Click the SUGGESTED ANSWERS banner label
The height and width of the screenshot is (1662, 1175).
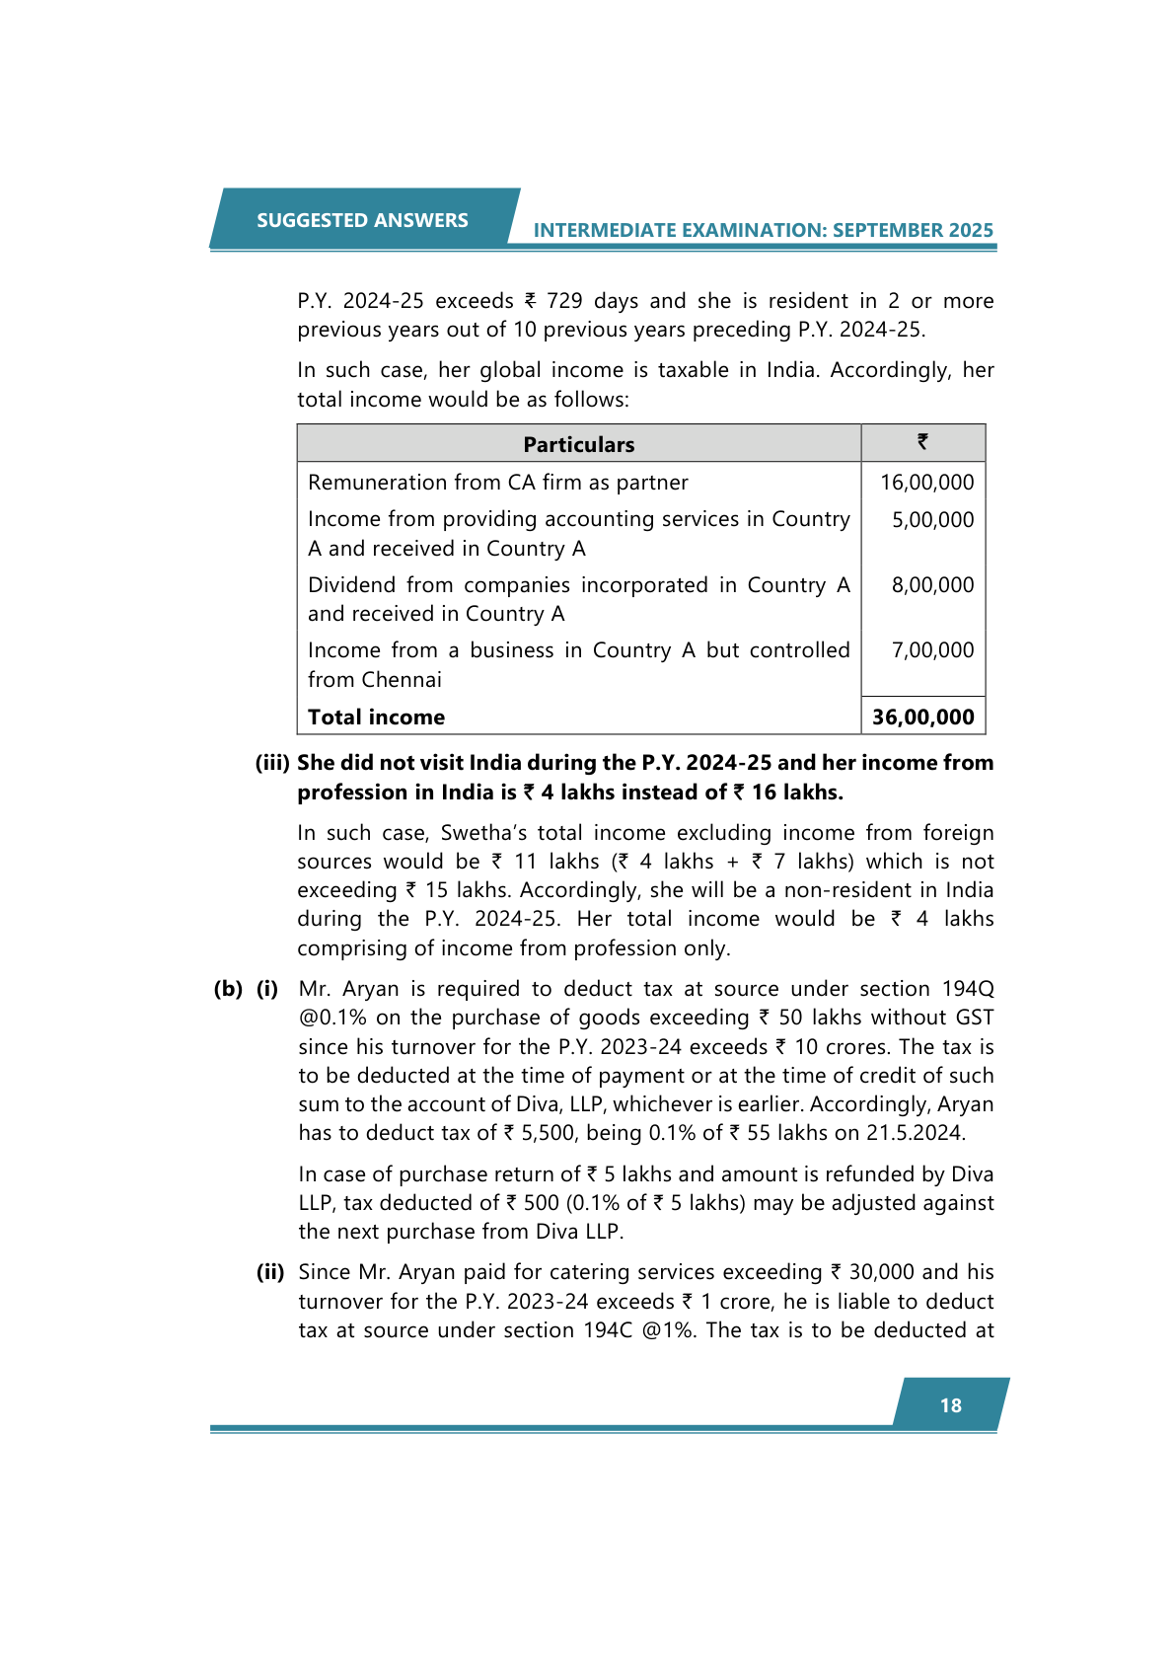point(362,220)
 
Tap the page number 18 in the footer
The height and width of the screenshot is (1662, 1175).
point(950,1405)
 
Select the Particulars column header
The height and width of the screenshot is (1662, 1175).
point(578,444)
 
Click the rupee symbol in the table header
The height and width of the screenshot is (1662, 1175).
point(922,442)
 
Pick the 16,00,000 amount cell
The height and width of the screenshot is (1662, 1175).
point(926,483)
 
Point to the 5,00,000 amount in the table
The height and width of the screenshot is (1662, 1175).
point(932,520)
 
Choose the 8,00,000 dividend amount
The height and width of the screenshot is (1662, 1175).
point(932,585)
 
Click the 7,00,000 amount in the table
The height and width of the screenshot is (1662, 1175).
point(932,650)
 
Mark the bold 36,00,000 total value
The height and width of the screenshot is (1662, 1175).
point(922,718)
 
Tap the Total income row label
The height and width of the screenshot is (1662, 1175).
point(376,718)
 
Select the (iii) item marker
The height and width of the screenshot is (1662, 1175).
point(272,763)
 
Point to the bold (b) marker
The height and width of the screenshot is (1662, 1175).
point(228,989)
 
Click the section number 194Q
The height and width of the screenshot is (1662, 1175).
point(967,989)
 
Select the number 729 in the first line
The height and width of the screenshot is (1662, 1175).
point(564,301)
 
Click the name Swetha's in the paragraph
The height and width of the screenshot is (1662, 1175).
point(483,833)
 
